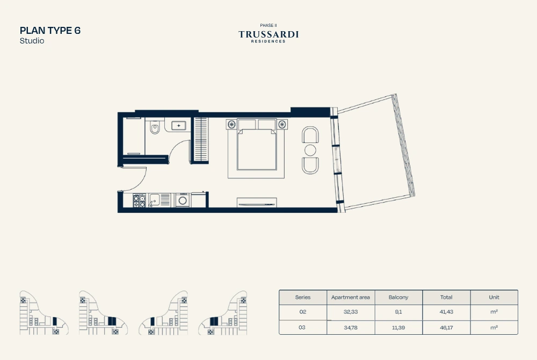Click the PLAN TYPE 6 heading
coord(50,30)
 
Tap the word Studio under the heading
coord(32,41)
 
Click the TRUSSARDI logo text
coord(268,34)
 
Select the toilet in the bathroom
coord(155,129)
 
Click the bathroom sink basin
coord(178,126)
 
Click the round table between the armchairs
coord(310,150)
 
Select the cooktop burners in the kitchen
coord(139,201)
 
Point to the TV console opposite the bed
coord(257,203)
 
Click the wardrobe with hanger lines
coord(200,140)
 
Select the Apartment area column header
coord(350,297)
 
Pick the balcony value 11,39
coord(398,327)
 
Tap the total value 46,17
coord(446,327)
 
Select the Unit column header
coord(494,297)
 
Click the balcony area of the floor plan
coord(373,153)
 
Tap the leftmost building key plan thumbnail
coord(42,313)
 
